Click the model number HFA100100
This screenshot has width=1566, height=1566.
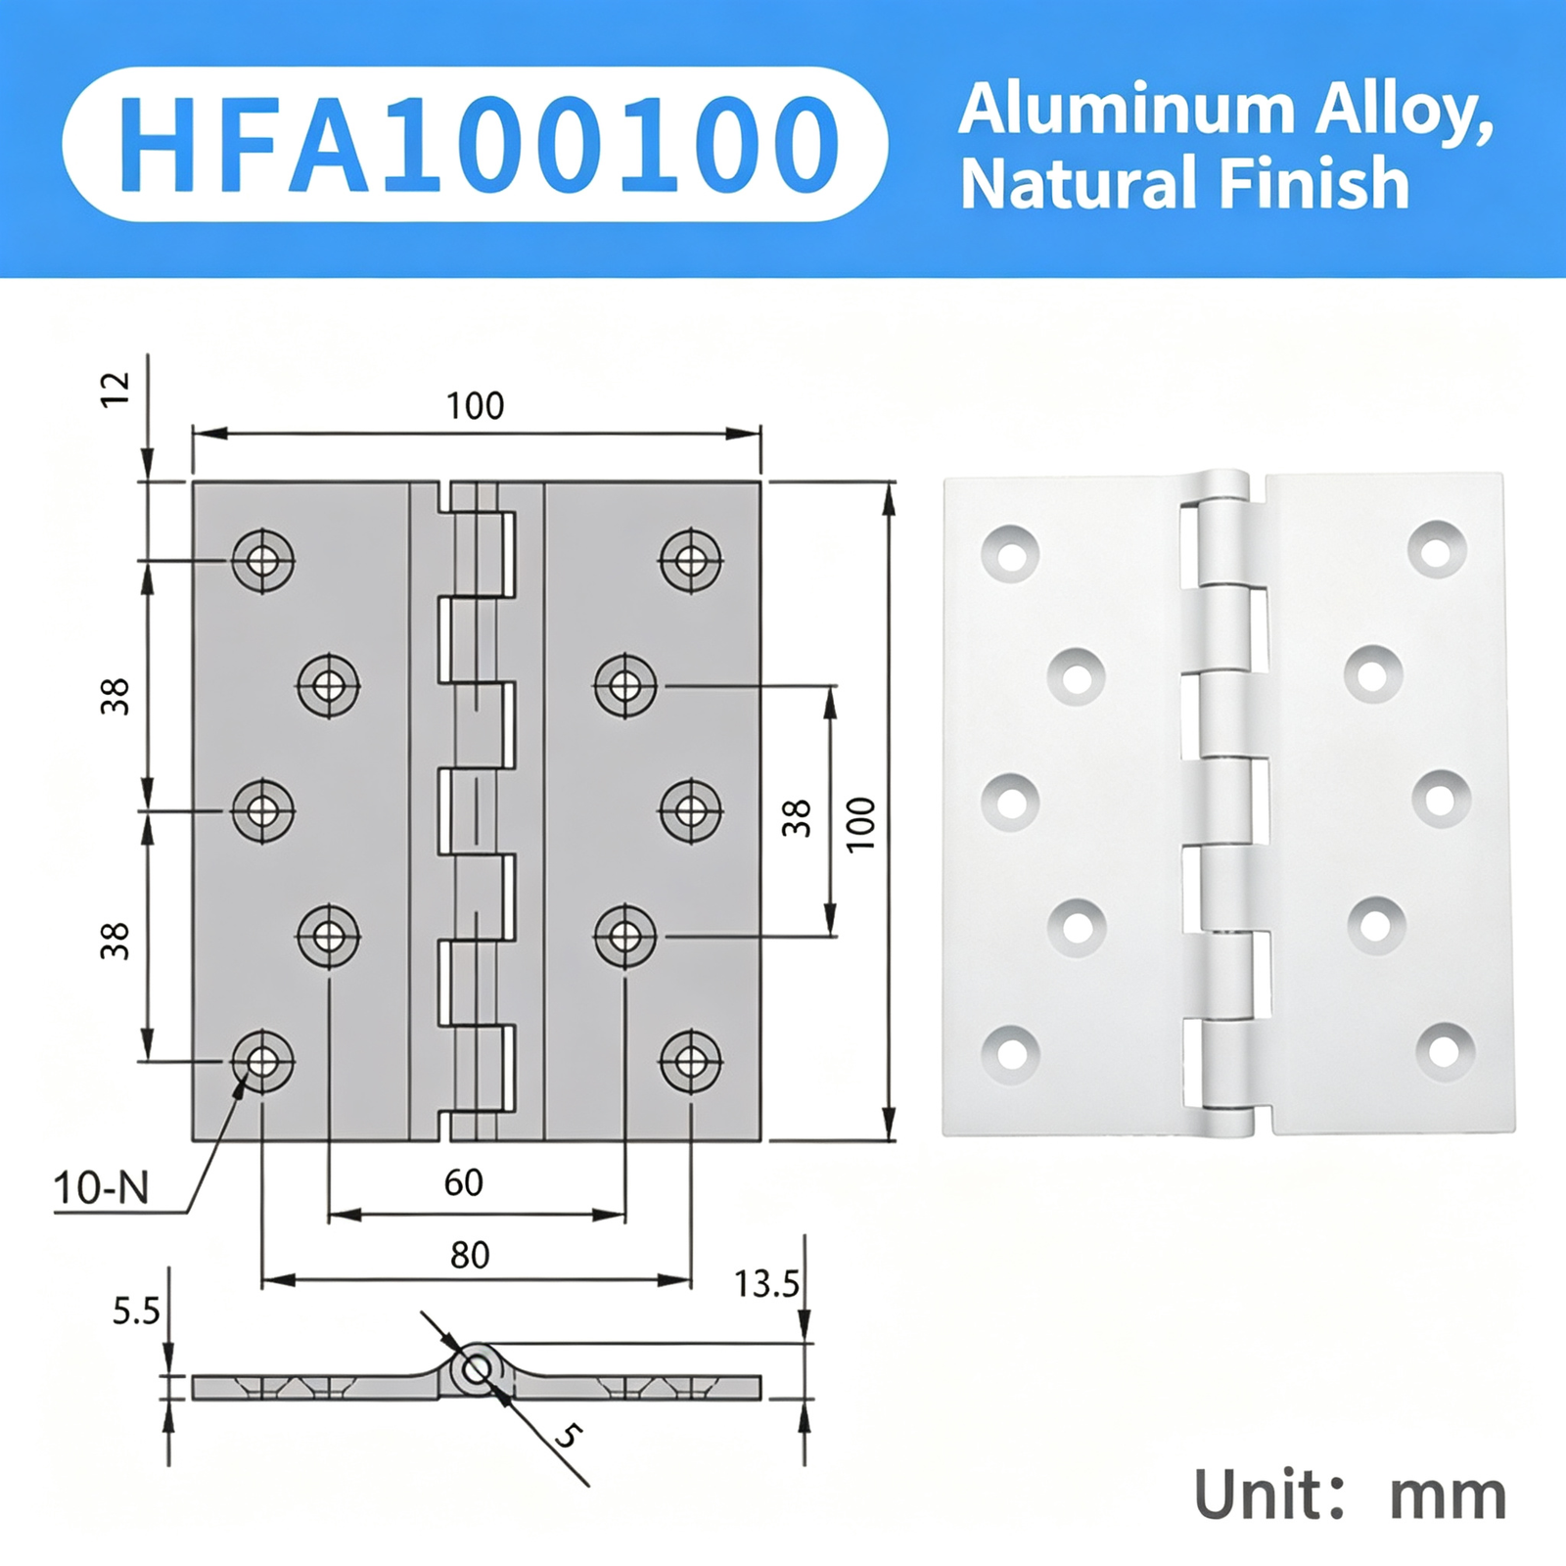[477, 145]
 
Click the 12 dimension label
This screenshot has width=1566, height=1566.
[115, 390]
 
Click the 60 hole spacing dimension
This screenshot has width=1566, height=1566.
[463, 1182]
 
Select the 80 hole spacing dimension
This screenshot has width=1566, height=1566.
[470, 1255]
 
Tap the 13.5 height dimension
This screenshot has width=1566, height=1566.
[766, 1283]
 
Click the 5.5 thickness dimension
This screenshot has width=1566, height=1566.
[135, 1311]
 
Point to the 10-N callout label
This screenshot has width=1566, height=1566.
[101, 1188]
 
